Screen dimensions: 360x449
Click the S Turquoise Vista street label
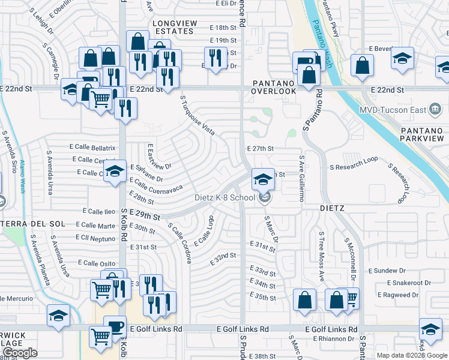coord(197,116)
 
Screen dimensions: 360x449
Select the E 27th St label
coord(260,148)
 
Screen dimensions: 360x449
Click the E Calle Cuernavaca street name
coord(154,185)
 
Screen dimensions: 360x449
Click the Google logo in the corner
coord(20,353)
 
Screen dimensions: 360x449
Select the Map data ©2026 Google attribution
coord(411,355)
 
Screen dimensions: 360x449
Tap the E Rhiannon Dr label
coord(334,338)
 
